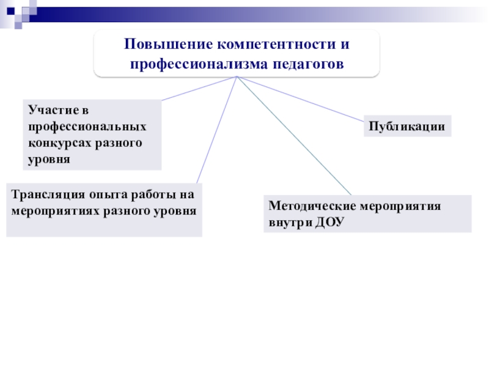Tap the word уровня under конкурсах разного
pyautogui.click(x=50, y=158)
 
